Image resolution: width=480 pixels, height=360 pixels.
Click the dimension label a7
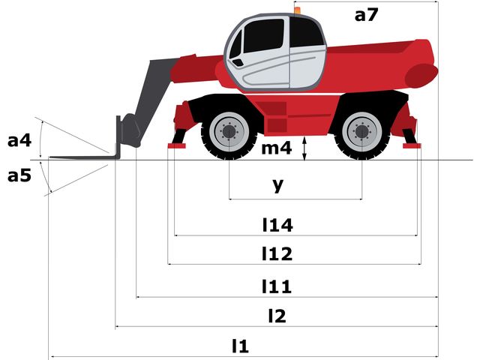367,15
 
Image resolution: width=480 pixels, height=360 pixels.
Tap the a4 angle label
19,140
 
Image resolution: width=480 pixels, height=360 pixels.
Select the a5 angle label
19,175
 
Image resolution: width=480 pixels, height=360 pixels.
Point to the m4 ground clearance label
277,148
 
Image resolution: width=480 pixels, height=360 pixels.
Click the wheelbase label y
278,184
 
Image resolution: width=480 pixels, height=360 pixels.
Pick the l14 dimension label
277,225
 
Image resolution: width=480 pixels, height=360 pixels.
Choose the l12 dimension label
277,253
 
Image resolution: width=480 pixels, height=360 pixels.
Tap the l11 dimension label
277,286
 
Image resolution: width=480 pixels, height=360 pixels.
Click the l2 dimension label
277,316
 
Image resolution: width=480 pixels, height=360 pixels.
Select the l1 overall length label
240,346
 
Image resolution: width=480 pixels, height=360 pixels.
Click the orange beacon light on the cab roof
297,10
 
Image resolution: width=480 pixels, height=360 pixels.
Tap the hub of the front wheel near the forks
229,132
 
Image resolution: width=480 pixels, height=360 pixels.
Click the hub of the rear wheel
361,132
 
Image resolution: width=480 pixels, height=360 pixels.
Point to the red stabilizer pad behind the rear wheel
412,146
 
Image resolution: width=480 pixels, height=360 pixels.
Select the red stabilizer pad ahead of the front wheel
177,146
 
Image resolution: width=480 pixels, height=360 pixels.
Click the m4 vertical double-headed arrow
304,148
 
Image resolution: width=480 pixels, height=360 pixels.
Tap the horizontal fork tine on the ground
82,157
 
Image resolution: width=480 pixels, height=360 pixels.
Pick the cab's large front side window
264,35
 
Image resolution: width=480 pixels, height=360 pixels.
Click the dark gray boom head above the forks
130,130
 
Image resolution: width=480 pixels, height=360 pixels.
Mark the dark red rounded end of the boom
421,76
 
